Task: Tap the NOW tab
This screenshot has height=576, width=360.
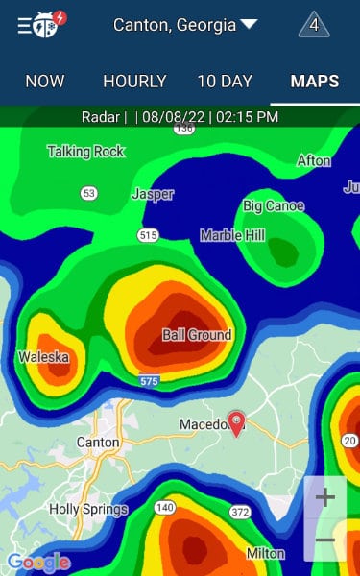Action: tap(45, 82)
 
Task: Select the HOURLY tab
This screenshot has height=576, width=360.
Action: tap(134, 82)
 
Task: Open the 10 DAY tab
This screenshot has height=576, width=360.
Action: tap(225, 82)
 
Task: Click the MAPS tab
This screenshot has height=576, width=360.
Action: tap(315, 82)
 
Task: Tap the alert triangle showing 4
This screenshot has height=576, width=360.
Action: tap(314, 25)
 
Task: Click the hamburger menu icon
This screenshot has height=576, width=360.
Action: tap(26, 25)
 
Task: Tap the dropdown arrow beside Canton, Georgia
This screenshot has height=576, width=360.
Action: tap(249, 25)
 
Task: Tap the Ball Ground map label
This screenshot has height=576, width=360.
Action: tap(197, 335)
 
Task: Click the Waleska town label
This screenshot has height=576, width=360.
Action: tap(43, 357)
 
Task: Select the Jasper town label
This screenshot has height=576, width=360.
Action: tap(152, 194)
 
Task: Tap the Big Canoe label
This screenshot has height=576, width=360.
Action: tap(274, 205)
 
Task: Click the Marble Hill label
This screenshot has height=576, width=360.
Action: tap(234, 235)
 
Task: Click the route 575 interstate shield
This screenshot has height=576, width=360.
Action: tap(148, 381)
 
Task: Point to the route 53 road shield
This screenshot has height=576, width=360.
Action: tap(89, 193)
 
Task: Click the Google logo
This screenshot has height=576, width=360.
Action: tap(38, 562)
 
